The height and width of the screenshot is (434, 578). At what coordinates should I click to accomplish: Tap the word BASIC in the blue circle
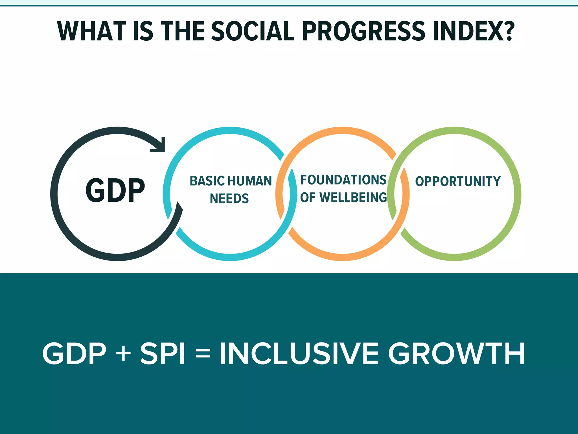[207, 181]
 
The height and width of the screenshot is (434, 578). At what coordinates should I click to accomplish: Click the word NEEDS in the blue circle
[229, 199]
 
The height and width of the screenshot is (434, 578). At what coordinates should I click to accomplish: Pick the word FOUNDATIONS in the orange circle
[343, 180]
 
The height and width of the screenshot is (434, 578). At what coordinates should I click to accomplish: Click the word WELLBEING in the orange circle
[353, 198]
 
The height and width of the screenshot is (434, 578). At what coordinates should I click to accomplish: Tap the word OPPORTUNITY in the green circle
[457, 181]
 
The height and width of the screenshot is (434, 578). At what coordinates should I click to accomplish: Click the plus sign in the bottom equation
[123, 353]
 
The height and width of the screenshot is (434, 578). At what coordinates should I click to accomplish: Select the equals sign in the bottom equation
[203, 353]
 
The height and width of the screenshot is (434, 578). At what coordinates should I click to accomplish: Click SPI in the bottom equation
[162, 353]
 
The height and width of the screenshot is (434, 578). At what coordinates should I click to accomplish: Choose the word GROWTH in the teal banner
[456, 353]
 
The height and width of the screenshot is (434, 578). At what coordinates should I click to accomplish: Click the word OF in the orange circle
[308, 198]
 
